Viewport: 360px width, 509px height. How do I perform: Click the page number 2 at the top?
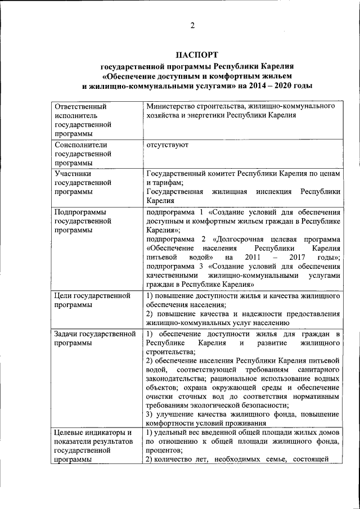click(192, 25)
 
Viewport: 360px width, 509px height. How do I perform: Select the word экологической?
click(212, 406)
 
